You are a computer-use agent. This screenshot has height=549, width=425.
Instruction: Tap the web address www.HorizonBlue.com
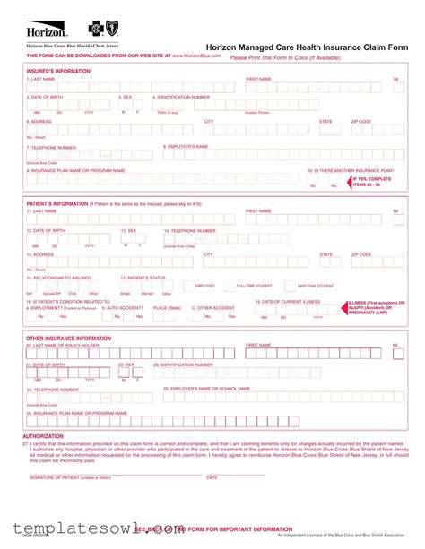point(197,56)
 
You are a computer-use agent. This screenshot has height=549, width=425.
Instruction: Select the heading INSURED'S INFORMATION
point(58,71)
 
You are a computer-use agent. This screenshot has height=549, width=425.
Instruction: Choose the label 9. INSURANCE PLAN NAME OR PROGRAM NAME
point(76,170)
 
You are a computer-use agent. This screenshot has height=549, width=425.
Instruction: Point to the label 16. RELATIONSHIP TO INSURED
point(59,278)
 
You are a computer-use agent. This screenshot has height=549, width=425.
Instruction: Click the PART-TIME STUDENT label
point(315,286)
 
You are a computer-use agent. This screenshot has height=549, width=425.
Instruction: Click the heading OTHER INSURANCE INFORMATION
point(68,339)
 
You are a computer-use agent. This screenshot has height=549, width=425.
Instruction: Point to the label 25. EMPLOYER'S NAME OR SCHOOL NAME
point(206,389)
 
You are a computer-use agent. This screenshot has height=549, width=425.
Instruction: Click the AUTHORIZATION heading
point(43,436)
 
